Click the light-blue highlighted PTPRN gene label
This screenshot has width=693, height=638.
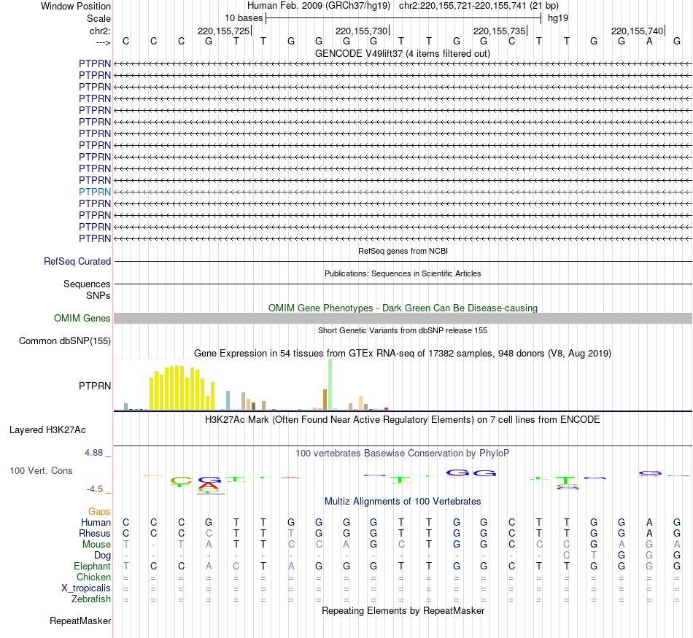click(95, 192)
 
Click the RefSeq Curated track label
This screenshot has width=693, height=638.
click(77, 261)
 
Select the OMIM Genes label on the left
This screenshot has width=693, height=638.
click(82, 319)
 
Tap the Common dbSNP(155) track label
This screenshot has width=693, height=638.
click(65, 341)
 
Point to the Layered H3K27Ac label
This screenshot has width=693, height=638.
click(47, 429)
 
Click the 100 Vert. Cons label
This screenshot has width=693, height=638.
click(41, 471)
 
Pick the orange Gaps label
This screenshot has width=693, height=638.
click(99, 512)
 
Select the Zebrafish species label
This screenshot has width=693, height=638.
click(92, 599)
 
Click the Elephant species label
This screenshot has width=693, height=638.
click(92, 567)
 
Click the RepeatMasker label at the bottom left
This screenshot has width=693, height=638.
click(80, 621)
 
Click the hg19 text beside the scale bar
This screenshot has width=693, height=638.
click(558, 17)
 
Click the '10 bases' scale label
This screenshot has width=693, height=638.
click(244, 17)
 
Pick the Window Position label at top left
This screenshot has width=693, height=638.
click(76, 6)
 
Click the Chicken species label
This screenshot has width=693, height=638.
click(94, 577)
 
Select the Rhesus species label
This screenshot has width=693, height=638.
click(95, 534)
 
